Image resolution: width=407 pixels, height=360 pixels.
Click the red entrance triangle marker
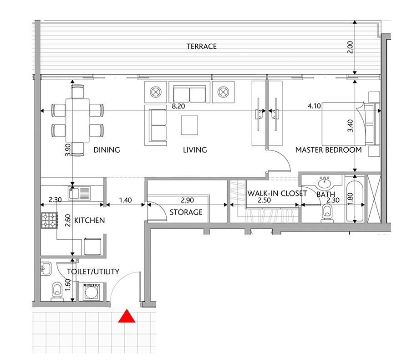[127, 316]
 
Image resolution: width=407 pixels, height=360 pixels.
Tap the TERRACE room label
[201, 46]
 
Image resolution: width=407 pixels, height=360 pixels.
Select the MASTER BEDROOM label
[328, 150]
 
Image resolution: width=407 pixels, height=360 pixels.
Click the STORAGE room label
[186, 212]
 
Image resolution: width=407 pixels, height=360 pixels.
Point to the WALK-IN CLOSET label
[277, 193]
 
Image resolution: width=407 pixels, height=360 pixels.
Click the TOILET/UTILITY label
[93, 272]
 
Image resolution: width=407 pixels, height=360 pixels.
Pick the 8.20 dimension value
[178, 106]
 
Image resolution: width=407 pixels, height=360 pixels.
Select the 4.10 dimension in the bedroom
[314, 106]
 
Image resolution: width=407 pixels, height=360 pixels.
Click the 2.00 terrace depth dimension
[350, 47]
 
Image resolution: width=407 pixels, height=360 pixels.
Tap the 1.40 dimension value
[125, 200]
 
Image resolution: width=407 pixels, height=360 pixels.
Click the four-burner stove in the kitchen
[49, 220]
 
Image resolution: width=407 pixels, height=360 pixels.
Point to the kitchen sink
[79, 194]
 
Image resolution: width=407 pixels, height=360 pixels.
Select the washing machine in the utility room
[92, 292]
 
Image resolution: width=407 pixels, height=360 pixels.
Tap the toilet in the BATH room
[327, 213]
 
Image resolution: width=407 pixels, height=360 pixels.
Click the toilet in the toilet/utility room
[57, 292]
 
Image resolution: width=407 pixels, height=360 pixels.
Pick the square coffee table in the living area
[189, 125]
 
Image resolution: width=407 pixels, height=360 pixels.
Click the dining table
[77, 120]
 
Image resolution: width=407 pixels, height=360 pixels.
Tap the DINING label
[107, 150]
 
